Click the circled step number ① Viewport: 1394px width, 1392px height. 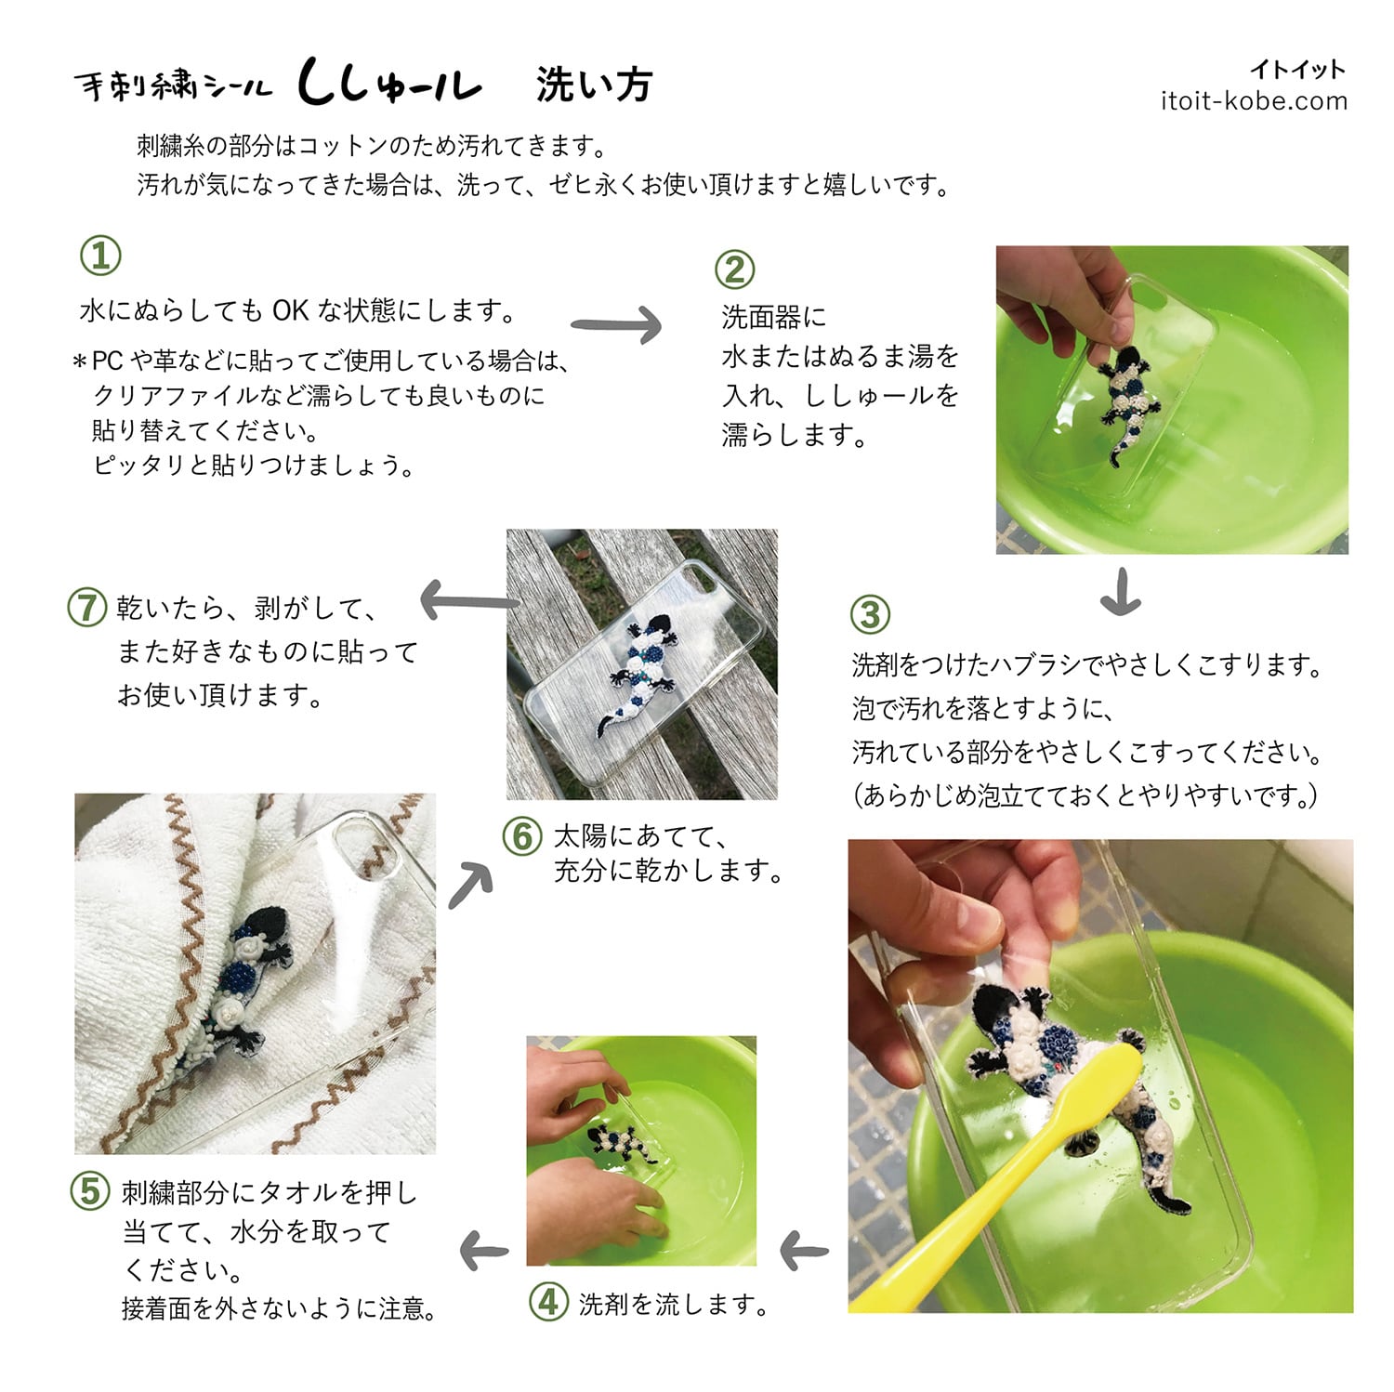[x=100, y=256]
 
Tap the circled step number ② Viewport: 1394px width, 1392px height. [x=734, y=269]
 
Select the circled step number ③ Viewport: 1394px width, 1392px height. [x=870, y=614]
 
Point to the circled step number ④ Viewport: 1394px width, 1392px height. [x=548, y=1302]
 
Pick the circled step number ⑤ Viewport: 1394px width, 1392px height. [x=90, y=1190]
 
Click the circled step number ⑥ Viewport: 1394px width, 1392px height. [x=522, y=835]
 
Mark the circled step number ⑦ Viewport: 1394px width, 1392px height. [x=86, y=608]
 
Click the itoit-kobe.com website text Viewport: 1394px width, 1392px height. [x=1254, y=101]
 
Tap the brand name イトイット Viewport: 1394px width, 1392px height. [x=1297, y=69]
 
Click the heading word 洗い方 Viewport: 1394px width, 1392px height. [x=594, y=85]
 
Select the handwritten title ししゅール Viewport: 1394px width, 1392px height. [x=389, y=84]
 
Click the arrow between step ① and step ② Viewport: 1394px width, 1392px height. [x=616, y=325]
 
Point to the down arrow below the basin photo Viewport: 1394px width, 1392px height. [x=1120, y=592]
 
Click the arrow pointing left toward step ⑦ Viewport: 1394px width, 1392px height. [x=469, y=600]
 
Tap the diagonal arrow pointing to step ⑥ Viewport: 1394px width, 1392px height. [x=470, y=886]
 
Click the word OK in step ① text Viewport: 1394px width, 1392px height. [x=290, y=310]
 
